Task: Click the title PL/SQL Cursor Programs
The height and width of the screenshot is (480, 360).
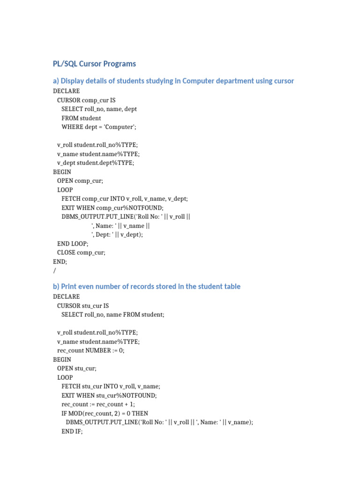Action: point(94,64)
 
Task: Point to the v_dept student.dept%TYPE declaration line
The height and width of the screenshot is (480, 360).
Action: point(96,163)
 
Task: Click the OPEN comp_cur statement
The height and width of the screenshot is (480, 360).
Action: point(80,181)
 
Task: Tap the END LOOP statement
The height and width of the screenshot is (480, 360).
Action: point(73,244)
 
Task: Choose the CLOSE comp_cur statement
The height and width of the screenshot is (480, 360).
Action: point(82,253)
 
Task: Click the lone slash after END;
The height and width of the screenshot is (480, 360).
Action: point(54,271)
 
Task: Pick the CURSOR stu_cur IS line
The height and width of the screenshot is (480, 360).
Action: point(83,306)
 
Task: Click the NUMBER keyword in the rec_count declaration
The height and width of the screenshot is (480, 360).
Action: point(97,351)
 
